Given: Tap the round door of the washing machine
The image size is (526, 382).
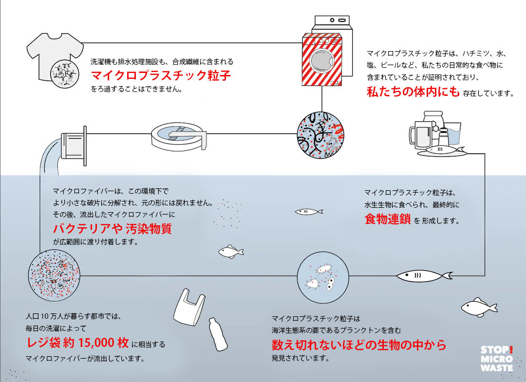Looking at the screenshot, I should point(322,59).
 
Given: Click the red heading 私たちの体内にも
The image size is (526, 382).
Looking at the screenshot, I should point(413,91).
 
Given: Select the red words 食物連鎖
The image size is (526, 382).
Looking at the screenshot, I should point(387,219).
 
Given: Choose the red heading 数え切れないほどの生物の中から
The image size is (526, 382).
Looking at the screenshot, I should point(358,345).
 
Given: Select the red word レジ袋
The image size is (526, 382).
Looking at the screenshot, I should point(44,342).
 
